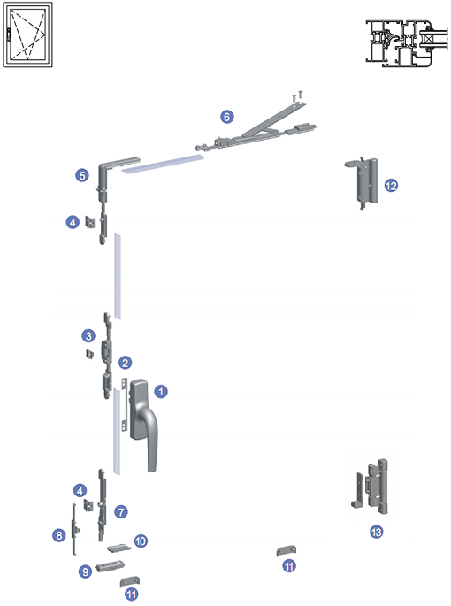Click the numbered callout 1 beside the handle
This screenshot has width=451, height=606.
pos(161,392)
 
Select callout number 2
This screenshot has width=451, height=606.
pos(126,363)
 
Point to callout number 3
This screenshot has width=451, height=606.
pos(88,335)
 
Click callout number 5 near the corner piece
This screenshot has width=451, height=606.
pos(82,175)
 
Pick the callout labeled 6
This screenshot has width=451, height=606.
pos(227,116)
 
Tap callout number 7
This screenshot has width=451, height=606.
pos(121,512)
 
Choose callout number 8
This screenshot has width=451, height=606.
pos(58,535)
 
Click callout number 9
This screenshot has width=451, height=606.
pos(86,571)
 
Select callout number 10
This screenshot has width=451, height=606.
pos(141,541)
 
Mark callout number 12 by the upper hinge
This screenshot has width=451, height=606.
pos(391,186)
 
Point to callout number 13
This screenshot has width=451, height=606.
pos(376,533)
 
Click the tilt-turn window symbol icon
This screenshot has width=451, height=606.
pos(27,35)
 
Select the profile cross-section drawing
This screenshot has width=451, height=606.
pos(406,42)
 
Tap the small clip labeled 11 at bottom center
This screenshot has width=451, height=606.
pos(287,551)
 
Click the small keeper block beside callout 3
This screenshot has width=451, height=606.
pos(89,354)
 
